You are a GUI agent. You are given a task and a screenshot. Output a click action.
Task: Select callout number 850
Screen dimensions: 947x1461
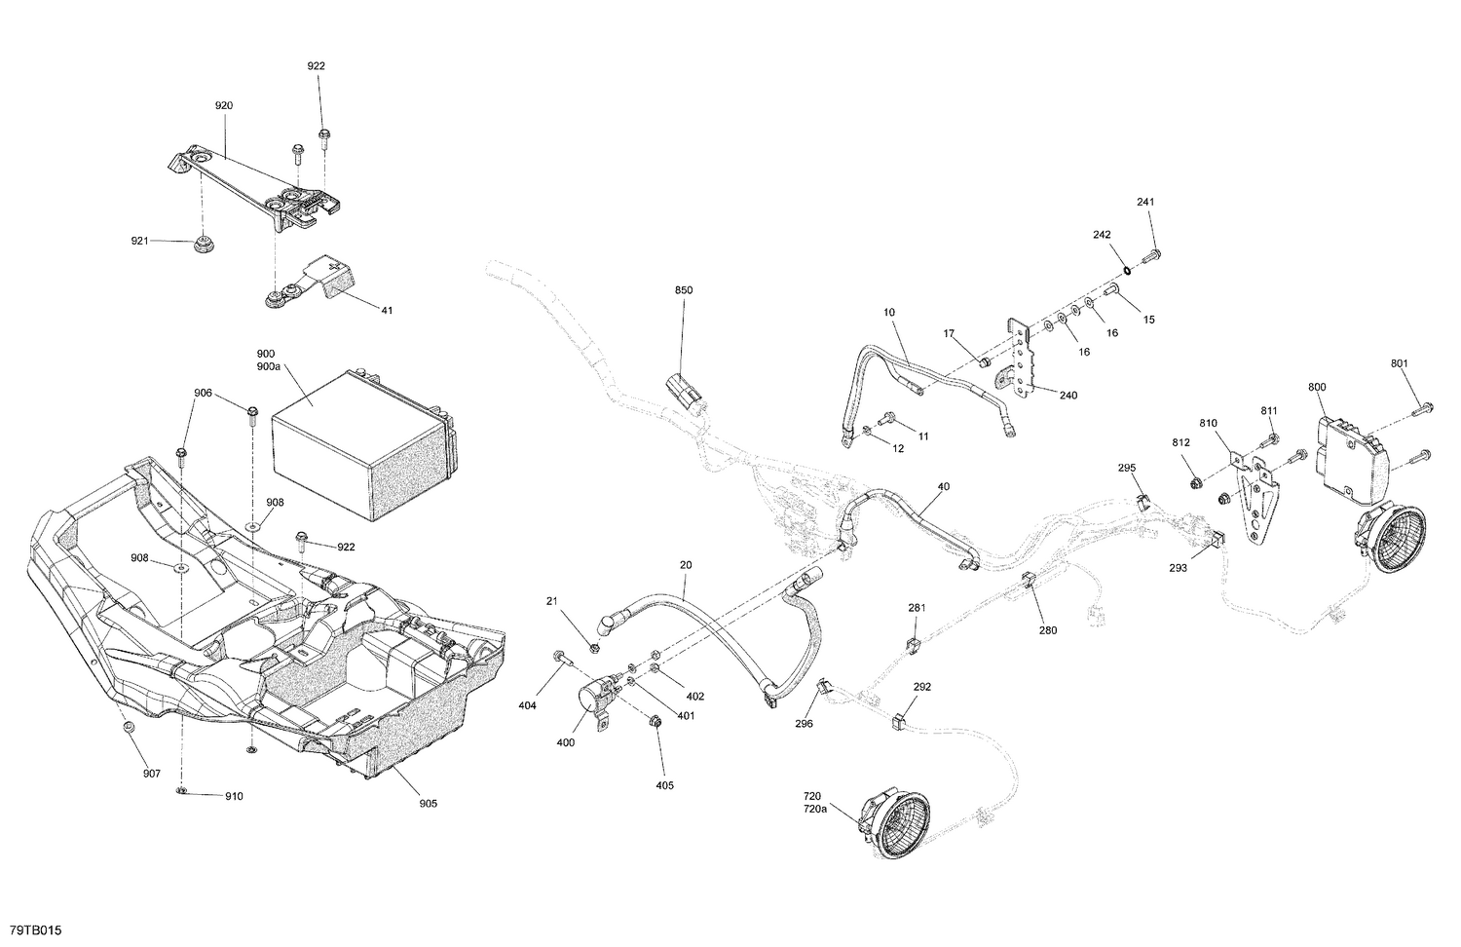(x=683, y=290)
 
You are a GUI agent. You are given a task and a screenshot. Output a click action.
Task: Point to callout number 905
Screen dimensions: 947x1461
(x=428, y=803)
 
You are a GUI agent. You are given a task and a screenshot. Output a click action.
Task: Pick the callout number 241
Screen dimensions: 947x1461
(x=1144, y=202)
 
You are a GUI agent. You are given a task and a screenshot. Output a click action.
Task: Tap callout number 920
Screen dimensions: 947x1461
(x=224, y=104)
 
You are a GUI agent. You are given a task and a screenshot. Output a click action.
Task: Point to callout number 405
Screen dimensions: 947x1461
(x=663, y=784)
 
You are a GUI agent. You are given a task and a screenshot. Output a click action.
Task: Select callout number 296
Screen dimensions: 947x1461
(x=804, y=724)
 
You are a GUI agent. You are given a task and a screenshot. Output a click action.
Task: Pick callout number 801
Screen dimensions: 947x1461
(x=1399, y=364)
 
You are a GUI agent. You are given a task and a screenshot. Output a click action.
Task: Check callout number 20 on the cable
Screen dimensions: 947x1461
(x=686, y=564)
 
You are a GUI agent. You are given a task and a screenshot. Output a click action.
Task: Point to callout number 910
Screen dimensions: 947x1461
(x=234, y=796)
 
